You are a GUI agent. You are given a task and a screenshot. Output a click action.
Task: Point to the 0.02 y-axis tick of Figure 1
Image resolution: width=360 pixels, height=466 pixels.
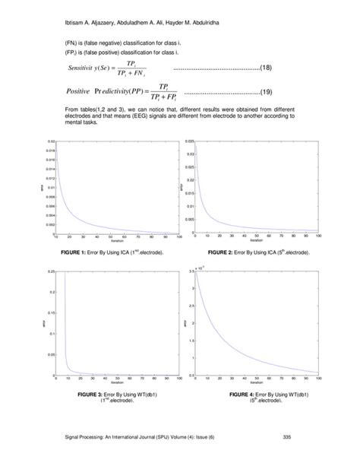click(x=51, y=141)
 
